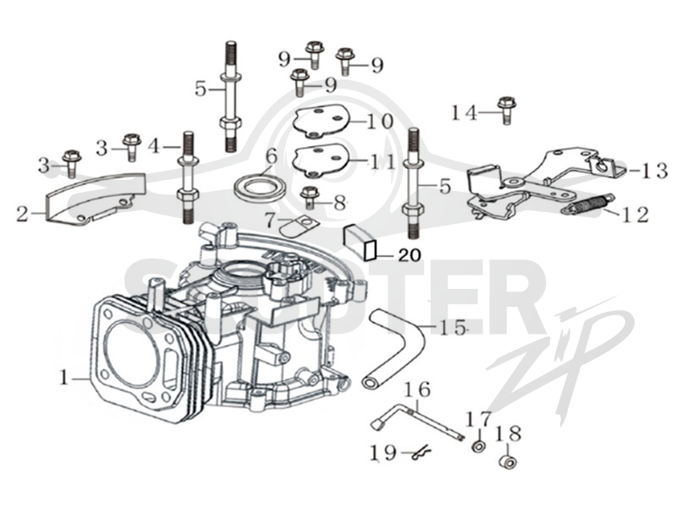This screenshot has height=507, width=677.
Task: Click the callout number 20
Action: [x=410, y=255]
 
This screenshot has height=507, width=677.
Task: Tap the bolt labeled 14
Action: [x=507, y=111]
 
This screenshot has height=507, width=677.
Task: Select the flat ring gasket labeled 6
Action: [x=260, y=188]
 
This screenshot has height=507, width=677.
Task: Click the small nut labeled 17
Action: [x=478, y=447]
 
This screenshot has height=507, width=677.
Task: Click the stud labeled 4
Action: [x=187, y=177]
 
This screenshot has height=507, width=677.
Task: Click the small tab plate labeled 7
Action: [x=298, y=226]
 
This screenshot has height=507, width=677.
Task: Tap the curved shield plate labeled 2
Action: [x=93, y=199]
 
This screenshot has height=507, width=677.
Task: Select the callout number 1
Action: [x=64, y=378]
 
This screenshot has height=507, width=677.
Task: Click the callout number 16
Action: [x=416, y=390]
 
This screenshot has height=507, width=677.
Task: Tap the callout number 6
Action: [x=271, y=156]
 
